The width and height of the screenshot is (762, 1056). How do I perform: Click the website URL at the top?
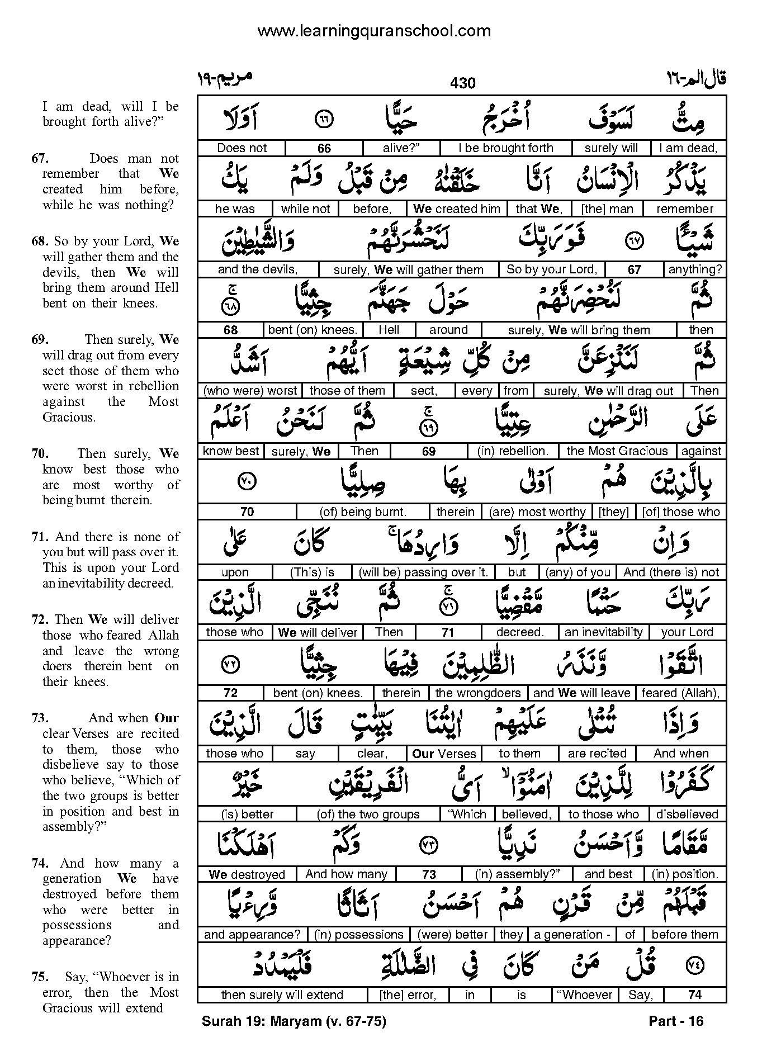tap(374, 31)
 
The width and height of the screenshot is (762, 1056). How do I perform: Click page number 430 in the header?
tap(462, 83)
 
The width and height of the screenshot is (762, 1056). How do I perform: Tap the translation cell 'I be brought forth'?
tap(505, 148)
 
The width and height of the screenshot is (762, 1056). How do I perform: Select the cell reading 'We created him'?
tap(457, 209)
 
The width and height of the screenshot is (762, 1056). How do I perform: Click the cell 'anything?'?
tap(695, 269)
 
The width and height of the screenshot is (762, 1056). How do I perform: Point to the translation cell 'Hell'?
tap(389, 330)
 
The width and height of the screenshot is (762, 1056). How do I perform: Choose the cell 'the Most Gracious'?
tap(617, 451)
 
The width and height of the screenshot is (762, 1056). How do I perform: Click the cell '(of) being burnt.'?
tap(363, 512)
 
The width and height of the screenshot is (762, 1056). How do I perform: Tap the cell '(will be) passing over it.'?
tap(423, 572)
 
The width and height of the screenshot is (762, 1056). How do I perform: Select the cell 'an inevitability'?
tap(603, 632)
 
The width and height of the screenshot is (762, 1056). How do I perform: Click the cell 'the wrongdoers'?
tap(477, 693)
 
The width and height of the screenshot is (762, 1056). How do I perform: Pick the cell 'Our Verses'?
tap(444, 754)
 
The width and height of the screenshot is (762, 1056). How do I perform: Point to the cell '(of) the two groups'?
tap(368, 815)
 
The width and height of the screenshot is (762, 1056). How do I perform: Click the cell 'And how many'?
tap(346, 874)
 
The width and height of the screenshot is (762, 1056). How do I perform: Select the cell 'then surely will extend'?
tap(282, 995)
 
